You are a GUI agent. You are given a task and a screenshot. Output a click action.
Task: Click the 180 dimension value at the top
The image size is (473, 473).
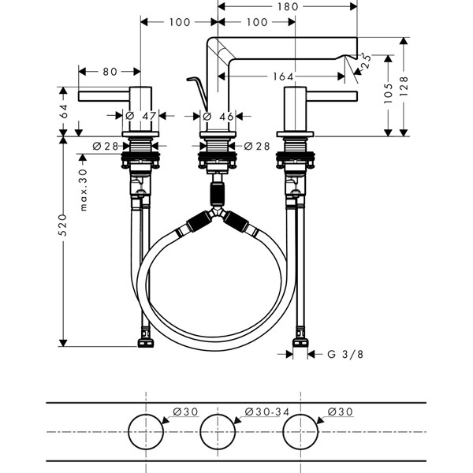pos(288,6)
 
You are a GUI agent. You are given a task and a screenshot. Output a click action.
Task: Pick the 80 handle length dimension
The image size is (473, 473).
pos(110,72)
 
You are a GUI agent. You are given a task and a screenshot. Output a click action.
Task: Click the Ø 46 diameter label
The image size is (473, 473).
pos(218,116)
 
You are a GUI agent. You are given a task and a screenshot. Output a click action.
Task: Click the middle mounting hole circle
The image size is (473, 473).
pos(219,433)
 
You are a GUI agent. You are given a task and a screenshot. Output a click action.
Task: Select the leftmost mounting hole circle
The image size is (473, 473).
pos(147,433)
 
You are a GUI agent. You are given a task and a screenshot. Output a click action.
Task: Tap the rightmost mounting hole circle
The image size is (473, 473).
pos(300,433)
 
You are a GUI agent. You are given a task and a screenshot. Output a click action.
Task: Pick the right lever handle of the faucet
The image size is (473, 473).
pos(331,96)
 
